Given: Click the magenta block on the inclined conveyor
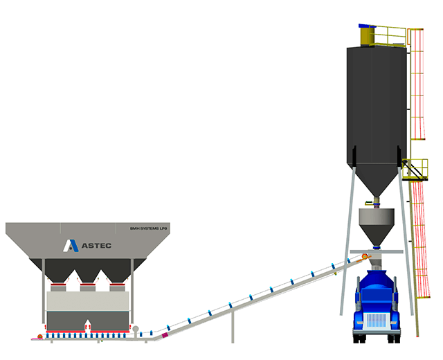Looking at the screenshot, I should point(165,334).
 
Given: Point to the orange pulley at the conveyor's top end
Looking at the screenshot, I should point(364,258).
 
